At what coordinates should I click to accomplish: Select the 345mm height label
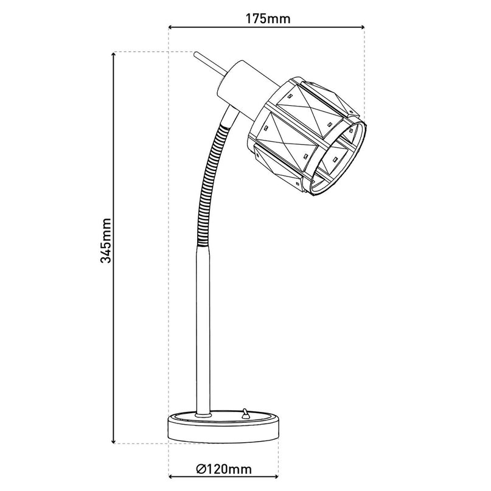(106, 240)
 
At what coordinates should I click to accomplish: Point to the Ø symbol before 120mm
(201, 468)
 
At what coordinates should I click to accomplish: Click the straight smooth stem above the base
(204, 329)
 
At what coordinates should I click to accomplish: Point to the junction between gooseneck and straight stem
(203, 245)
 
